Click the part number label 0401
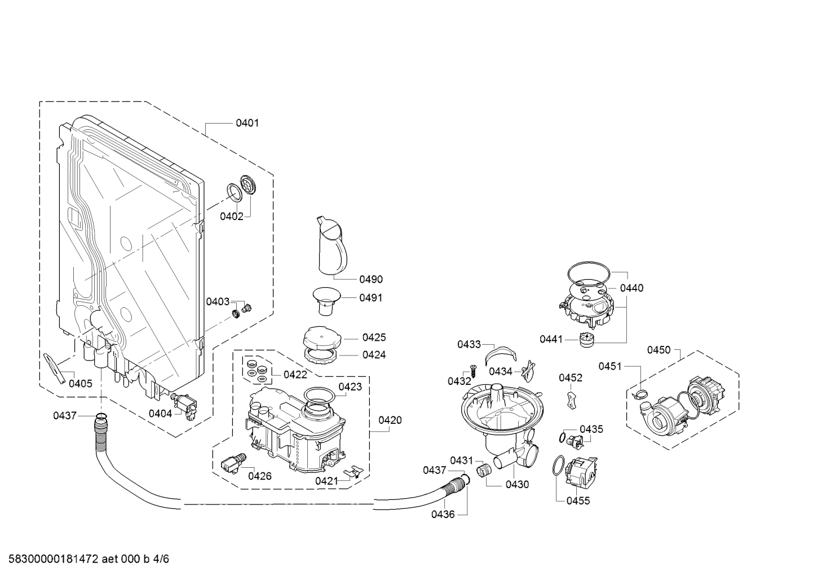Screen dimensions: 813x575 [248, 123]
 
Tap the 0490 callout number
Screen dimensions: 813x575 [371, 279]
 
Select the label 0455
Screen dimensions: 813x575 [578, 501]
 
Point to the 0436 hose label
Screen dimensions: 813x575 [443, 514]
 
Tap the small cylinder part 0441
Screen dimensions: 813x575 [586, 340]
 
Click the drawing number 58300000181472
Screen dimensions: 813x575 [53, 559]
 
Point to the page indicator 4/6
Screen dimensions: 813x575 [161, 559]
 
